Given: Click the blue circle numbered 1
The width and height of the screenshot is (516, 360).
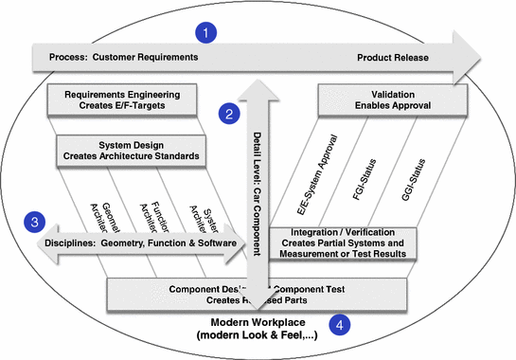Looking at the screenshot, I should [202, 32].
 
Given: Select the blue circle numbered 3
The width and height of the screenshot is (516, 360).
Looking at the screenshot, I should [34, 223].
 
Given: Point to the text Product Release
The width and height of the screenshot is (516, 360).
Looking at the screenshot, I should [393, 58].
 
